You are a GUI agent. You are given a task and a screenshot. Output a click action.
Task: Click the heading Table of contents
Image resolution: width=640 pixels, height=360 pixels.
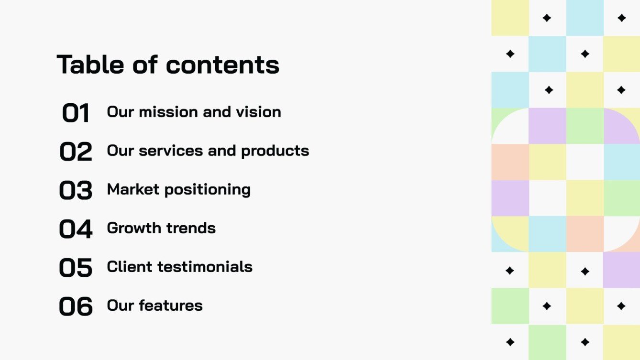point(168,65)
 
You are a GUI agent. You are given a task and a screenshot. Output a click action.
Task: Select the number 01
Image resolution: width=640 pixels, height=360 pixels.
point(76,113)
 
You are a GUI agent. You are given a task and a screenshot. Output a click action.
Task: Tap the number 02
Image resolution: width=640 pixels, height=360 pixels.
point(76,152)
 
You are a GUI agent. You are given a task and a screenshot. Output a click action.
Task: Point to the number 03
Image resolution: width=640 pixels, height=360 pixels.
point(76,190)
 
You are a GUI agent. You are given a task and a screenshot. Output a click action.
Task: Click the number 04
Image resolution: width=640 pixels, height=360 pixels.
point(76,229)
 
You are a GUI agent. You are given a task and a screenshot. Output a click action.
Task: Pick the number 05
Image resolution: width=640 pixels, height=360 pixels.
point(76,268)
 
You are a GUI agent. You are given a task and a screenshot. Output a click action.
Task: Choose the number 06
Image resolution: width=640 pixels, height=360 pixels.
point(76,306)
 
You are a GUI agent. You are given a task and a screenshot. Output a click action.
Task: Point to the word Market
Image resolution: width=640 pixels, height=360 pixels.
point(133,189)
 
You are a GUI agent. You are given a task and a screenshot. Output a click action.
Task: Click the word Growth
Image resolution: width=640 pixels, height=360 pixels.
point(132,228)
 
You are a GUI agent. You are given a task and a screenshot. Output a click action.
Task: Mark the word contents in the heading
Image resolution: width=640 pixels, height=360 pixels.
point(222,65)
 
